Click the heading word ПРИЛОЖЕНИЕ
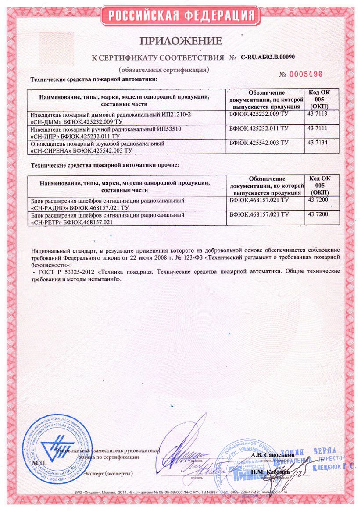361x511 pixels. (x=181, y=42)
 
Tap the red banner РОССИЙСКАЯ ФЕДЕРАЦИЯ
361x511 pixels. (x=181, y=16)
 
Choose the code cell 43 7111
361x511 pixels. (x=318, y=128)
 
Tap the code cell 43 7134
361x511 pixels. (x=318, y=143)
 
